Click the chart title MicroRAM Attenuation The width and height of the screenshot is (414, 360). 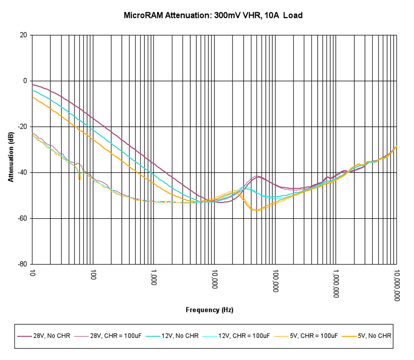(x=213, y=15)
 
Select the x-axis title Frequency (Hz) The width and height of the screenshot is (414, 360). (x=209, y=310)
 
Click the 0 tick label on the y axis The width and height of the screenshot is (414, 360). (x=25, y=81)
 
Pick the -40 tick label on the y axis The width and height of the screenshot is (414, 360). (x=23, y=173)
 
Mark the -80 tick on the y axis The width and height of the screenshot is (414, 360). (x=23, y=264)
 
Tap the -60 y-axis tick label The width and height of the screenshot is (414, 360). (x=23, y=218)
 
